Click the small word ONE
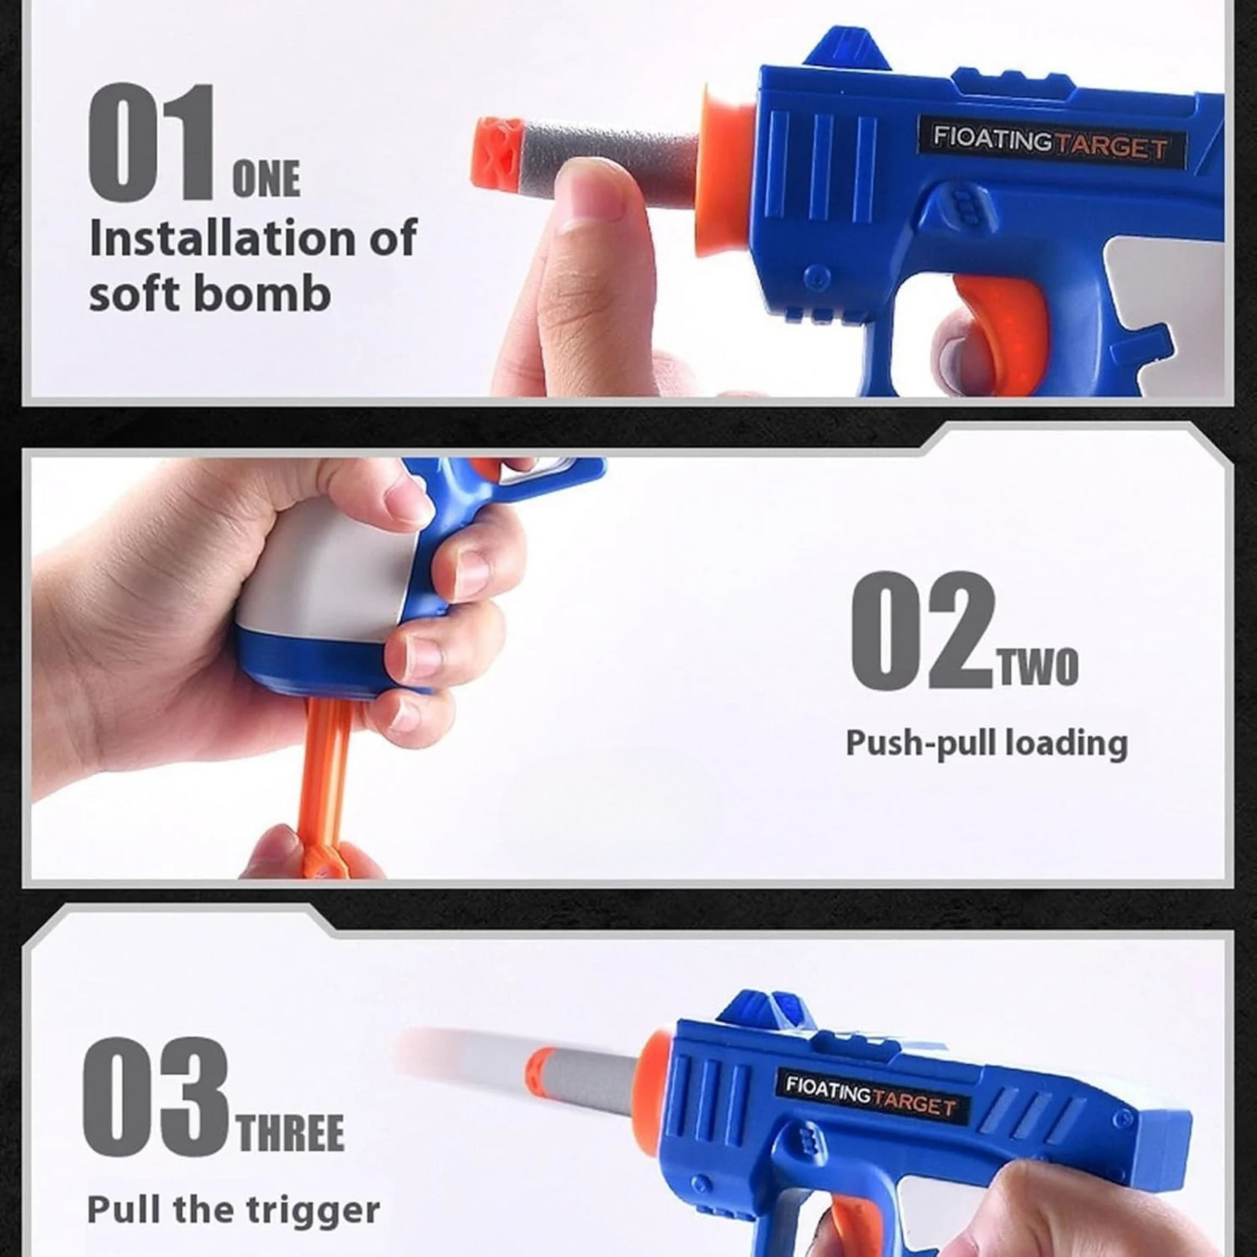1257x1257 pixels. (266, 179)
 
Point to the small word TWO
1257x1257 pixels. (1039, 667)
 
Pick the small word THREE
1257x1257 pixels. (291, 1133)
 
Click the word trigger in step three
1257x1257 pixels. (313, 1210)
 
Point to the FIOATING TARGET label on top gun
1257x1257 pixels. (1052, 143)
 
